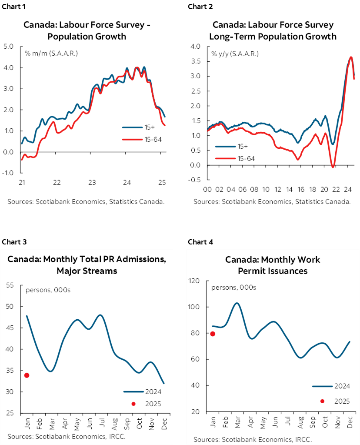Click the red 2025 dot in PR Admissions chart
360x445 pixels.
tap(27, 375)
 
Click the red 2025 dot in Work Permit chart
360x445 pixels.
tap(213, 334)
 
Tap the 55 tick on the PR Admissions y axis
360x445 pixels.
tap(10, 285)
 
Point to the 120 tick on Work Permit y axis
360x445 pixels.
tap(194, 281)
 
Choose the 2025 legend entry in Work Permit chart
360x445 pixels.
tap(330, 401)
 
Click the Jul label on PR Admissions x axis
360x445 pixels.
tap(102, 424)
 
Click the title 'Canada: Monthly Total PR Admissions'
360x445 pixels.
tap(87, 260)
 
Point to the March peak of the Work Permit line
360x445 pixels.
tap(236, 303)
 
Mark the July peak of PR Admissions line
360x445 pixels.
tap(100, 315)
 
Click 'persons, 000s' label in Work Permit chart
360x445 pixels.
tap(233, 288)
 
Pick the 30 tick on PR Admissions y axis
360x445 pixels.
tap(10, 392)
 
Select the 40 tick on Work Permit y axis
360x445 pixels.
tap(196, 385)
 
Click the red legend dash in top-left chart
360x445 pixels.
tap(133, 139)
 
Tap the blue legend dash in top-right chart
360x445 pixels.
tap(225, 147)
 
